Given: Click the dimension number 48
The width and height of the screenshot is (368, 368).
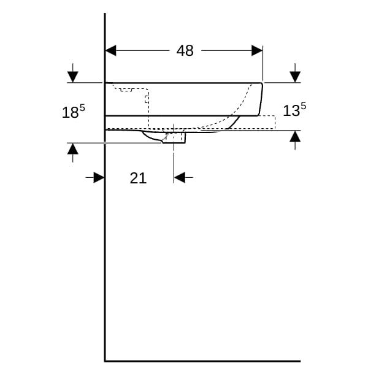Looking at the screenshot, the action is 185,50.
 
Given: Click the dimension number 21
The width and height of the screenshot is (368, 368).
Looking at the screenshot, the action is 138,178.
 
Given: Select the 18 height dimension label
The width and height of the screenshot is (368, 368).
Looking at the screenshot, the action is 70,112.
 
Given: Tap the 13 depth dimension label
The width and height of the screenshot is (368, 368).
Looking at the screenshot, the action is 291,110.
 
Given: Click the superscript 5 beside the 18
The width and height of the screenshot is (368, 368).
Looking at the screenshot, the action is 82,108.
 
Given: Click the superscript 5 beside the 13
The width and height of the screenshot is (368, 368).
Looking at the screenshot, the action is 304,106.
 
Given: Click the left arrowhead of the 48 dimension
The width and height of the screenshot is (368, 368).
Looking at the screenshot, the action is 110,50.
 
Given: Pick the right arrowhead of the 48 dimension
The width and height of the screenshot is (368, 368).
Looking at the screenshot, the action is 257,50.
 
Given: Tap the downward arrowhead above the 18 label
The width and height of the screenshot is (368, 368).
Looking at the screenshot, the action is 73,77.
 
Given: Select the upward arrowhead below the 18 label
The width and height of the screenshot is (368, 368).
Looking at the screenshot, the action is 73,148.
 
